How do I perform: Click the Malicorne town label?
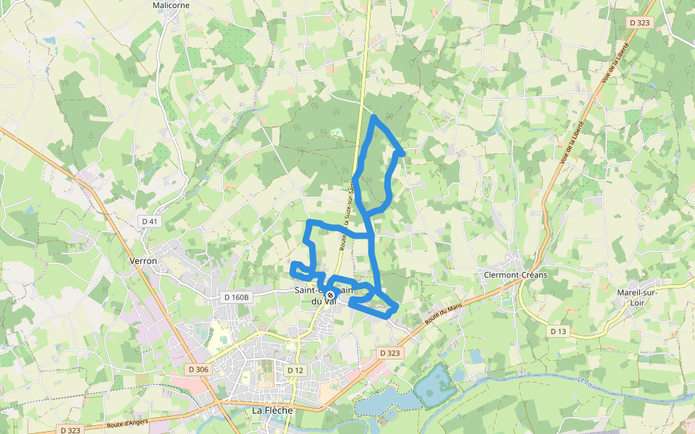pyautogui.click(x=171, y=5)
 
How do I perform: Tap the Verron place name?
pyautogui.click(x=143, y=260)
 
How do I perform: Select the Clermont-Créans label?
pyautogui.click(x=515, y=275)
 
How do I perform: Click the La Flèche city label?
pyautogui.click(x=272, y=410)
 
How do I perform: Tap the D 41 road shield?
pyautogui.click(x=150, y=221)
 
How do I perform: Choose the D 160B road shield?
pyautogui.click(x=236, y=297)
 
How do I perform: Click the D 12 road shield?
pyautogui.click(x=295, y=370)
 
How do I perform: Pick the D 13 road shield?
pyautogui.click(x=557, y=331)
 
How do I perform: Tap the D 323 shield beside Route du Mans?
pyautogui.click(x=389, y=353)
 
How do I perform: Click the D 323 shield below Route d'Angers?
pyautogui.click(x=71, y=430)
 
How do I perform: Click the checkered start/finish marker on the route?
pyautogui.click(x=330, y=295)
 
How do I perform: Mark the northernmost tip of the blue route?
pyautogui.click(x=374, y=116)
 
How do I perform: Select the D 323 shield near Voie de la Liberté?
pyautogui.click(x=640, y=23)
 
